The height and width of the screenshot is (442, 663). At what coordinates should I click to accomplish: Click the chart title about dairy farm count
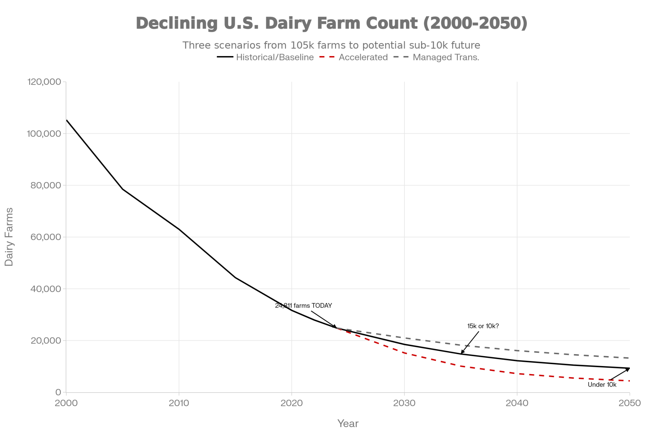[x=331, y=23]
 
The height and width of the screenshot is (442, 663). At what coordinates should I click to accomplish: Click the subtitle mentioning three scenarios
[x=331, y=45]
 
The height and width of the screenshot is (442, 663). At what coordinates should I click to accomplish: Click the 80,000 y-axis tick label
[x=46, y=185]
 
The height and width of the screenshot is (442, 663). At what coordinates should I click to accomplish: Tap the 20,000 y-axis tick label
[x=46, y=341]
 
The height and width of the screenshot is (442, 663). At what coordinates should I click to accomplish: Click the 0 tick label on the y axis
[x=58, y=392]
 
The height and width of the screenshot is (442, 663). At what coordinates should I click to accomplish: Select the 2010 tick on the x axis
[x=179, y=403]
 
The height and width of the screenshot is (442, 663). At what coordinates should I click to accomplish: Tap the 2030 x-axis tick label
[x=404, y=403]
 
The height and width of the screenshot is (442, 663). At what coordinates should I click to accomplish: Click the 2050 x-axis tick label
[x=630, y=403]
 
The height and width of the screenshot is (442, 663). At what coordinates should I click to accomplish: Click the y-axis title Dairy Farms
[x=9, y=237]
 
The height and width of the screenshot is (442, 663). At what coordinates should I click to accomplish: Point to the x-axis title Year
[x=348, y=423]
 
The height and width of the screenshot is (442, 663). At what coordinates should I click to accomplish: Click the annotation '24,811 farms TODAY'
[x=303, y=306]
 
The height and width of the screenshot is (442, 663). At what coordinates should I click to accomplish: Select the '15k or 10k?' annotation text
[x=483, y=326]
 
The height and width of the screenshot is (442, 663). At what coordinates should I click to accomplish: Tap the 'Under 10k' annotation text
[x=602, y=385]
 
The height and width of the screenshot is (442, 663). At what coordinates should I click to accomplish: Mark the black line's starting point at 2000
[x=67, y=120]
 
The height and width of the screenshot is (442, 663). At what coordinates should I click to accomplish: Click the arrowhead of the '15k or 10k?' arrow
[x=462, y=353]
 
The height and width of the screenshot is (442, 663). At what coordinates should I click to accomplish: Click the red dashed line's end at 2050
[x=629, y=381]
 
